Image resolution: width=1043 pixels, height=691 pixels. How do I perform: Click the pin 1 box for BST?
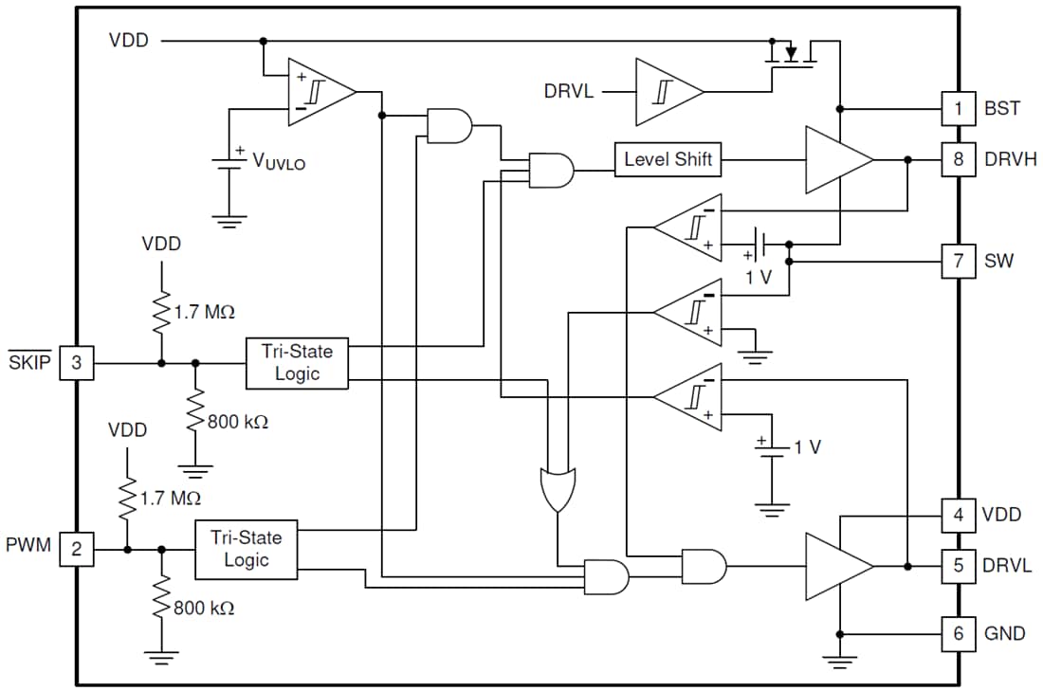coord(958,108)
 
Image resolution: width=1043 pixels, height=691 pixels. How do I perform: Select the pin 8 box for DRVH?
coord(958,159)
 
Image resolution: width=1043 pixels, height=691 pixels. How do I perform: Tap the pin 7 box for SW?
coord(958,260)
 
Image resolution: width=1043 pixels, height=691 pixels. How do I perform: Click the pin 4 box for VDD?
coord(958,515)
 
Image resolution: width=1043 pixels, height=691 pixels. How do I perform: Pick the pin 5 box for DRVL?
coord(958,566)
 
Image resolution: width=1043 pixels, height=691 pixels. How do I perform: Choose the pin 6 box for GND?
coord(958,632)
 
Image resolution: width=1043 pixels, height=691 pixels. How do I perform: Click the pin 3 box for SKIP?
coord(77,362)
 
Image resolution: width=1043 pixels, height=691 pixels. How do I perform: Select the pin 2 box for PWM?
coord(77,548)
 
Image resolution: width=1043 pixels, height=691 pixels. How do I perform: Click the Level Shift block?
coord(668,159)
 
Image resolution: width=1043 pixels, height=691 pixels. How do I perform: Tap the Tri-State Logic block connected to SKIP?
coord(297,362)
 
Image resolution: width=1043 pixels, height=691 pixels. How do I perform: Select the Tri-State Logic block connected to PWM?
coord(246,549)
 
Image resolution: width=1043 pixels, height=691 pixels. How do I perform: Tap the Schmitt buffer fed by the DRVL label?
coord(667,92)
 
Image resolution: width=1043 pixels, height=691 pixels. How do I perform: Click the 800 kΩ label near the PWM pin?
coord(204,608)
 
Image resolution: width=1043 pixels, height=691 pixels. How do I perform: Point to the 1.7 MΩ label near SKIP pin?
coord(204,312)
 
